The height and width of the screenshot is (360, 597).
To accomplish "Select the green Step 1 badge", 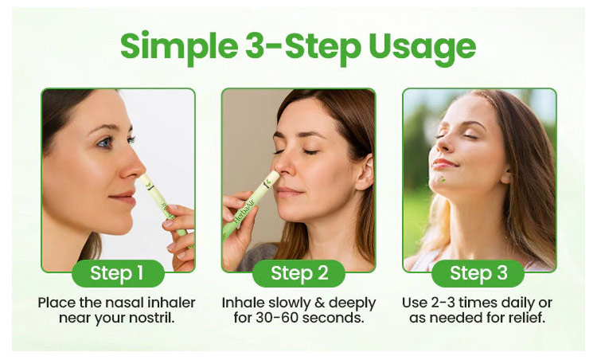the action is tap(118, 273).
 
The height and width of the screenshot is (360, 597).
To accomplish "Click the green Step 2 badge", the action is tap(298, 273).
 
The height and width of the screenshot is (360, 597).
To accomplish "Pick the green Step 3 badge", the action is tap(478, 273).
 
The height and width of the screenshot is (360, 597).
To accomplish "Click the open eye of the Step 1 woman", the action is tap(105, 143).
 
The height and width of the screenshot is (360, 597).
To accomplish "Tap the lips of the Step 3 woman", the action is tap(443, 164).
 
